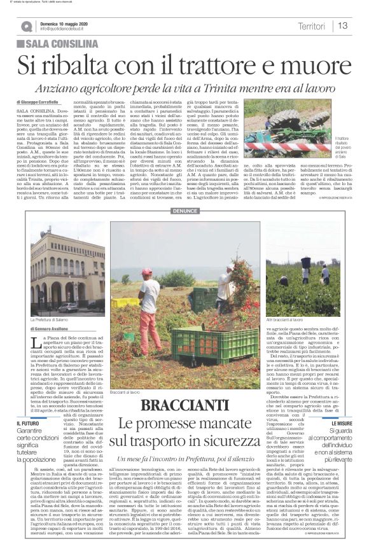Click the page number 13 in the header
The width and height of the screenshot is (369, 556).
(344, 26)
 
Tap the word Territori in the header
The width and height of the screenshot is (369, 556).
(312, 26)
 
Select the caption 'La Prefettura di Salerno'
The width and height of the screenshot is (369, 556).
(51, 318)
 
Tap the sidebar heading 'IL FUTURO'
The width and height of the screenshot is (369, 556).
(29, 423)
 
